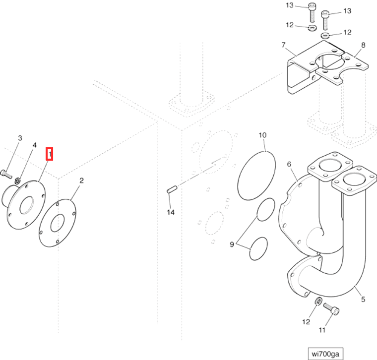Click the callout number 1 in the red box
point(50,155)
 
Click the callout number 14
point(171,212)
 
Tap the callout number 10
point(262,134)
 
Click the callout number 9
point(231,244)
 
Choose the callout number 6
point(289,164)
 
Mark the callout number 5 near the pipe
point(363,300)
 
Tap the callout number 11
point(322,330)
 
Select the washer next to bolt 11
point(317,301)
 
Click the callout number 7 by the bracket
point(284,45)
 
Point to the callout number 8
point(363,45)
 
